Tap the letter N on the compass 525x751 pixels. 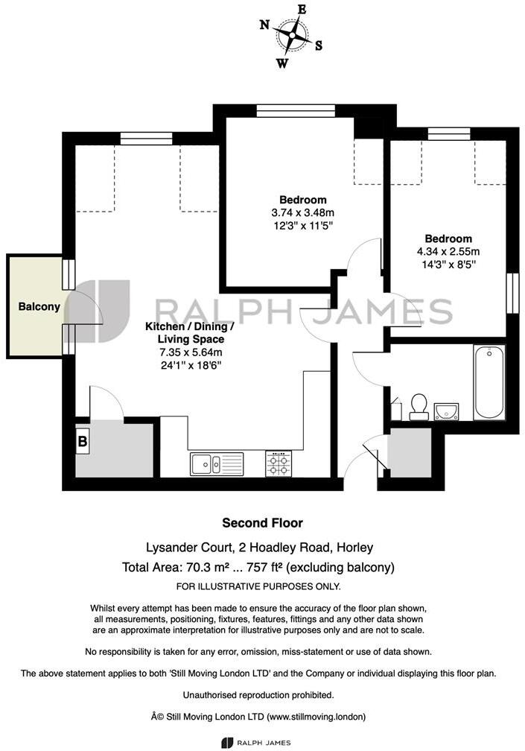coord(264,25)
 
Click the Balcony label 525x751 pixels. coord(39,306)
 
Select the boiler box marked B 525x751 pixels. coord(82,441)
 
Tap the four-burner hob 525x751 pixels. coord(279,464)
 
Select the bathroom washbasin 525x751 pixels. coord(446,411)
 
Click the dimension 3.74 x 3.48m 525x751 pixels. coord(303,212)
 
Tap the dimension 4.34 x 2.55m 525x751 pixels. coord(448,251)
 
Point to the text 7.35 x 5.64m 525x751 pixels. coord(190,352)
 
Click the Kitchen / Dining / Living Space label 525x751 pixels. coord(190,333)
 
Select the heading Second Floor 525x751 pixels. coord(263,523)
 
